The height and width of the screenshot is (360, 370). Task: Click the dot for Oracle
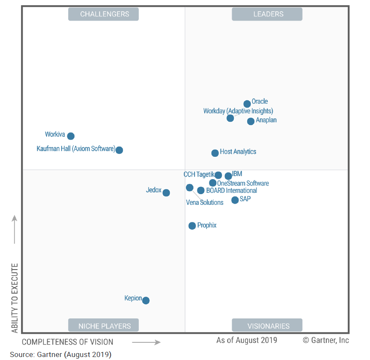[x=247, y=104]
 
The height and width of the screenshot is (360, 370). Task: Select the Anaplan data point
[x=251, y=121]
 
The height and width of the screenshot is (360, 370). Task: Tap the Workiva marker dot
[x=71, y=136]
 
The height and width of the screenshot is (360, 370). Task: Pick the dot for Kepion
[x=146, y=300]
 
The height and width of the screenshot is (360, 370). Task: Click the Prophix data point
[x=192, y=225]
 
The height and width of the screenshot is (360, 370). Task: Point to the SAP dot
[x=235, y=200]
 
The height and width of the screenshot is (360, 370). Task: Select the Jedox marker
[x=166, y=193]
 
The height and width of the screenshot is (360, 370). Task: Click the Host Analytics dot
[x=215, y=153]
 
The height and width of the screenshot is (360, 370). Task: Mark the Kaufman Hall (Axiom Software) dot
[x=119, y=150]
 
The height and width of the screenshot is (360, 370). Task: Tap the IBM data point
[x=228, y=176]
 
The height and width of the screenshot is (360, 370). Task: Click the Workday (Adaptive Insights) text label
[x=238, y=111]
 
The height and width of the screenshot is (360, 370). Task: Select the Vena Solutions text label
[x=205, y=202]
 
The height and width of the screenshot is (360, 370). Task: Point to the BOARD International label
[x=232, y=190]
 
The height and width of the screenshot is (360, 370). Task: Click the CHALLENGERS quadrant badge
[x=104, y=14]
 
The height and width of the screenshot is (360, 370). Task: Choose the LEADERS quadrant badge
[x=267, y=14]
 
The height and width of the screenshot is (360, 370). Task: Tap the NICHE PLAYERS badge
[x=104, y=326]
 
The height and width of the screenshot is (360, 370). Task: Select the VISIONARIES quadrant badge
[x=267, y=326]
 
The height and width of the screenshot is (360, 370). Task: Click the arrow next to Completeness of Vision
[x=146, y=342]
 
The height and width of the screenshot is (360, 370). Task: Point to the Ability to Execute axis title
[x=15, y=298]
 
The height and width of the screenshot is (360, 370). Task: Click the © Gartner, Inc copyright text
[x=325, y=340]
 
